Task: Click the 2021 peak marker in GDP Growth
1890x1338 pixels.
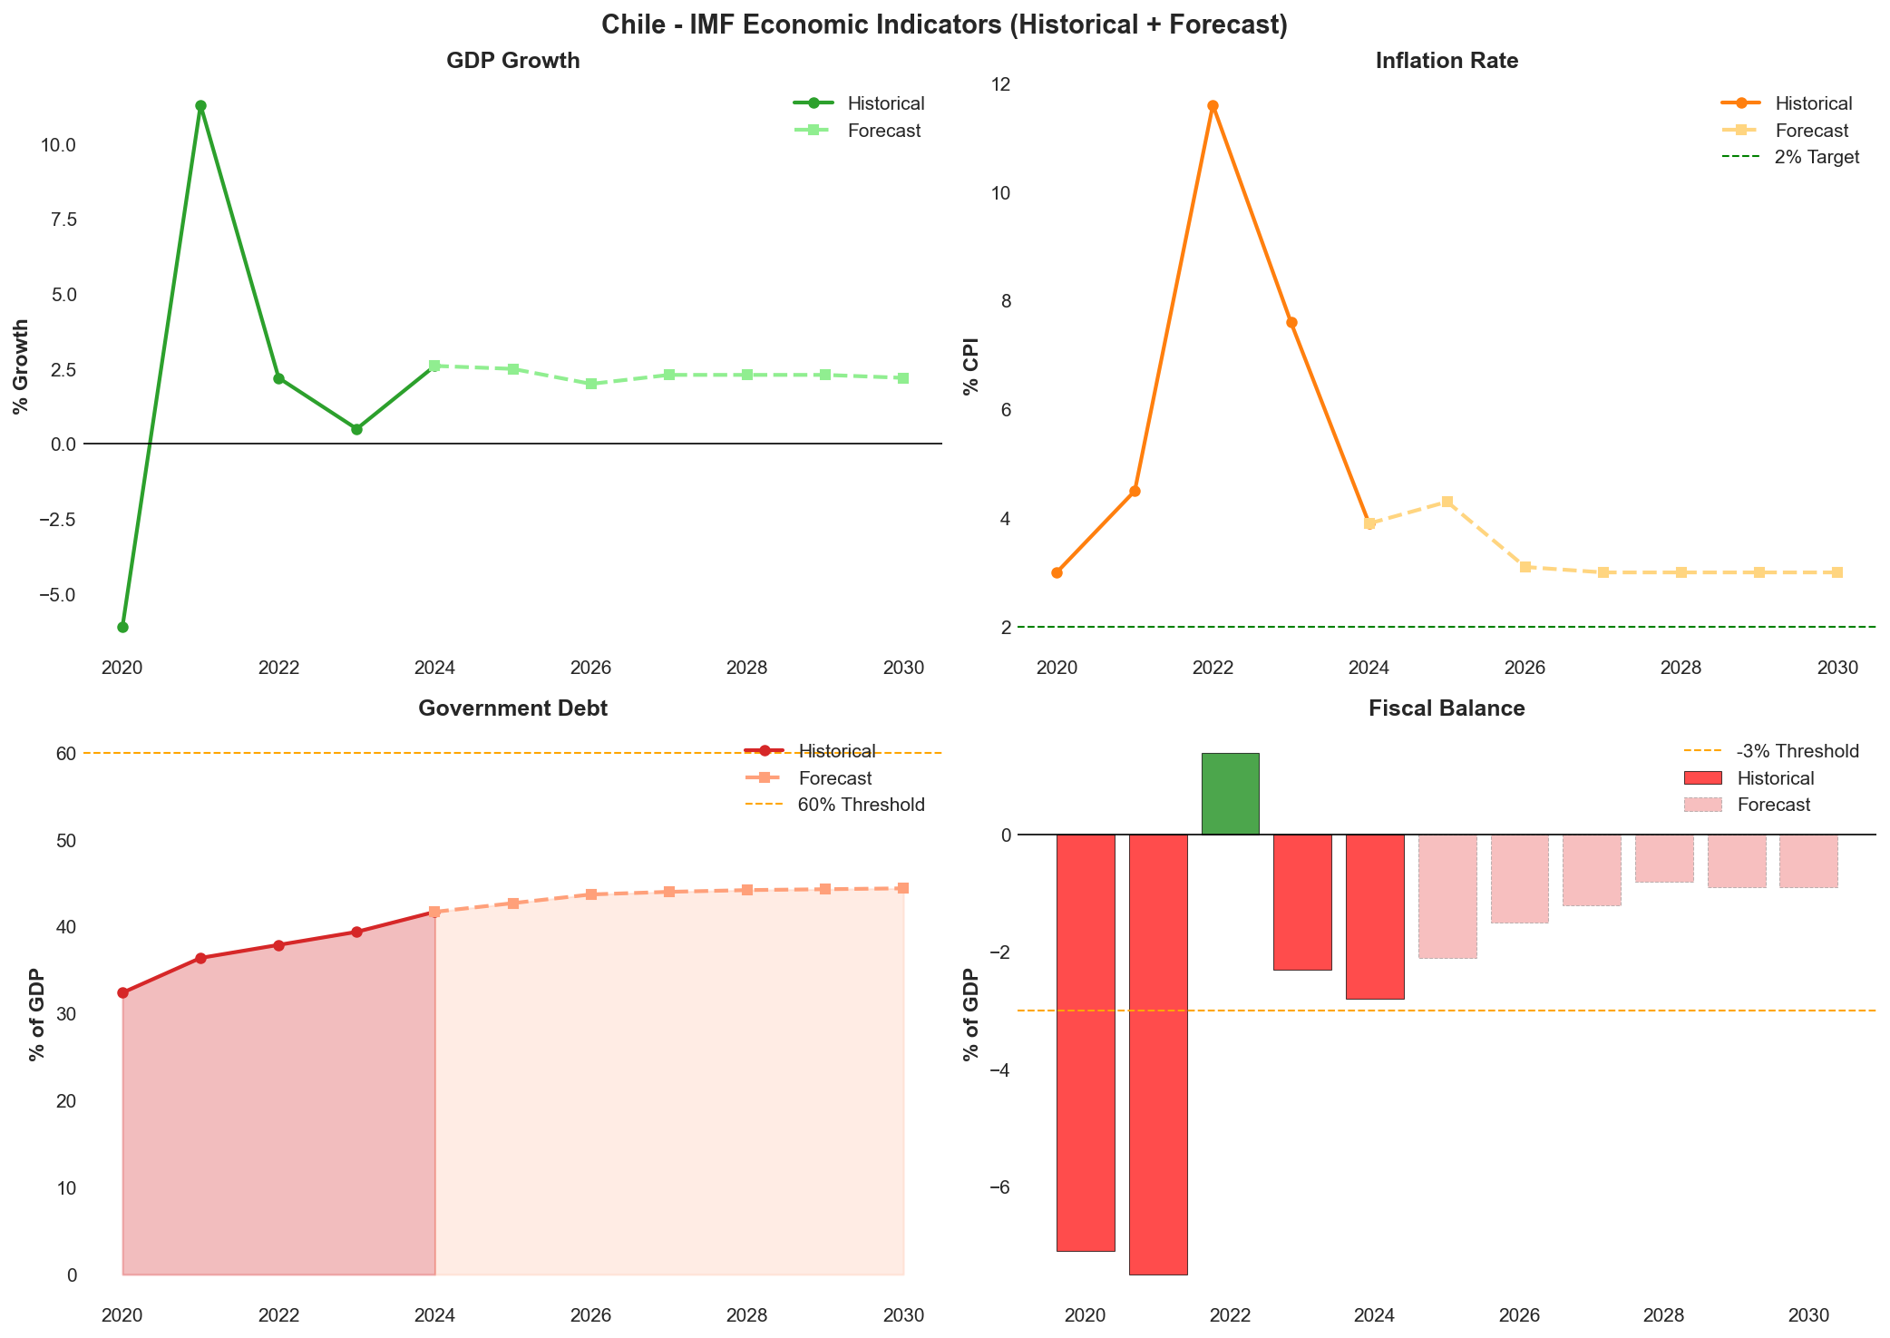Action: click(x=200, y=105)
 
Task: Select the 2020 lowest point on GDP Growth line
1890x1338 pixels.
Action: click(x=122, y=627)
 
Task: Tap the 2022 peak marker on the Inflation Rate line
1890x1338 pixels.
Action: click(x=1213, y=105)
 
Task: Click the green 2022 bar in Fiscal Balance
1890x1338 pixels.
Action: click(x=1230, y=794)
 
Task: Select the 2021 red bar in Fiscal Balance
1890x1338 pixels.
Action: click(x=1158, y=1052)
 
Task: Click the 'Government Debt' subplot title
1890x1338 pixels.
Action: click(x=512, y=708)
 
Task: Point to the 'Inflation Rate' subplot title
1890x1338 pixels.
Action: click(x=1447, y=61)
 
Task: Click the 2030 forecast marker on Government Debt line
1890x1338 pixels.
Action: click(x=903, y=888)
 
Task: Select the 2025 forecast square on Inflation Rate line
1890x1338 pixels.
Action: click(x=1447, y=502)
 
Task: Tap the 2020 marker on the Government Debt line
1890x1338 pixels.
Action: click(x=122, y=992)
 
